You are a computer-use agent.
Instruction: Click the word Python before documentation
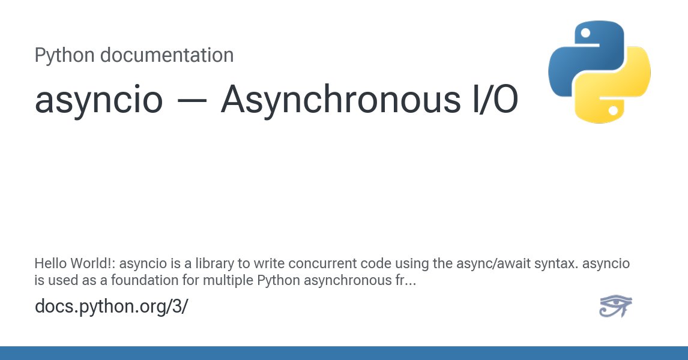(x=64, y=55)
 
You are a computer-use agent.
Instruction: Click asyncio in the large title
(x=99, y=100)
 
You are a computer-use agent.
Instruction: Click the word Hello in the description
(x=49, y=263)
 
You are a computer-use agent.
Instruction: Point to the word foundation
(x=136, y=279)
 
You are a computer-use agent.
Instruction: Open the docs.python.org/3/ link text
(x=112, y=306)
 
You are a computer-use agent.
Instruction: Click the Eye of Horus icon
(x=615, y=306)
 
